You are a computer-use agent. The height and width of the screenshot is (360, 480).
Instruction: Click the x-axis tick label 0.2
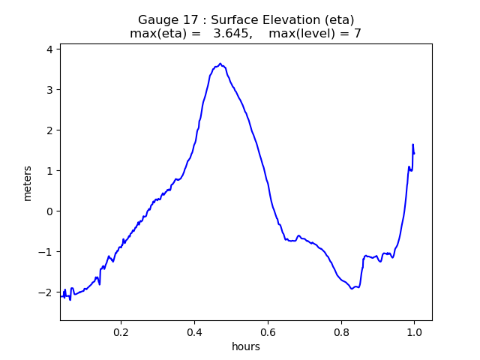(121, 331)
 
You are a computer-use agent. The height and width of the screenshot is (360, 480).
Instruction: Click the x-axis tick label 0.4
(194, 331)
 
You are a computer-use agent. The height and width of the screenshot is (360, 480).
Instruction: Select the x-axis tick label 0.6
(268, 331)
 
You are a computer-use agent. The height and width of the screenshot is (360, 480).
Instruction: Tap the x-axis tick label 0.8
(341, 331)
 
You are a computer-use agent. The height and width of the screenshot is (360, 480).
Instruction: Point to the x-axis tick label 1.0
(414, 331)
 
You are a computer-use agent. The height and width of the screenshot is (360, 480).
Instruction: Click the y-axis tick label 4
(49, 49)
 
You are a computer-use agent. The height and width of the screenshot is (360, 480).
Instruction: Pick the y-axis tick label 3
(49, 90)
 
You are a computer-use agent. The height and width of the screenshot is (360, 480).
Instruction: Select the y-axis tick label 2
(49, 130)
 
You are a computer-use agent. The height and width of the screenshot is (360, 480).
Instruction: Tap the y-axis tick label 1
(49, 171)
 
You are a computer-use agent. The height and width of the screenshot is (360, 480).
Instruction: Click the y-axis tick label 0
(49, 211)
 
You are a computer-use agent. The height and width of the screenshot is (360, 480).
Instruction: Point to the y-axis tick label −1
(46, 252)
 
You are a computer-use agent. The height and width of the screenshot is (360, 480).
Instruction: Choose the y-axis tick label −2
(46, 292)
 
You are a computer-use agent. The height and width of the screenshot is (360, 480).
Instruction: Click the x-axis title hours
(246, 346)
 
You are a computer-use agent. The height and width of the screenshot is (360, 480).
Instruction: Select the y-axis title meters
(28, 183)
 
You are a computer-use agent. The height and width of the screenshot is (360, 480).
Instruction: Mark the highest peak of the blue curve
(220, 64)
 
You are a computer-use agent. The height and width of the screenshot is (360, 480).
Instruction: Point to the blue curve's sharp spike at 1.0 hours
(412, 145)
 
